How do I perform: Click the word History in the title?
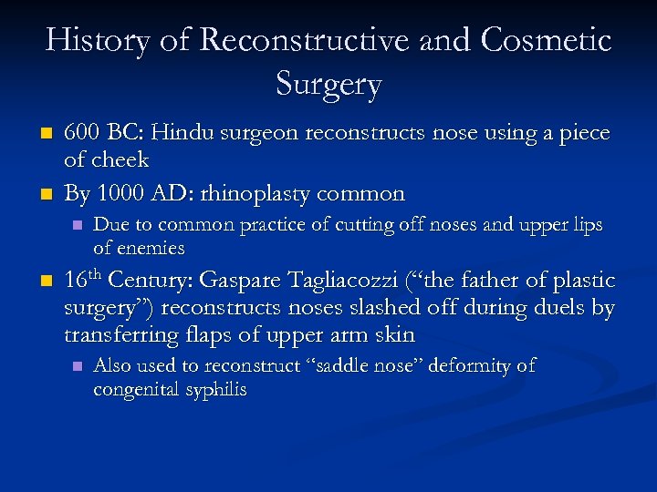click(99, 41)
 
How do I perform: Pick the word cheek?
click(119, 160)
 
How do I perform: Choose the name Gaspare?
click(243, 281)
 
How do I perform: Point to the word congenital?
click(133, 390)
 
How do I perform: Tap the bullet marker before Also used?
click(77, 366)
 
